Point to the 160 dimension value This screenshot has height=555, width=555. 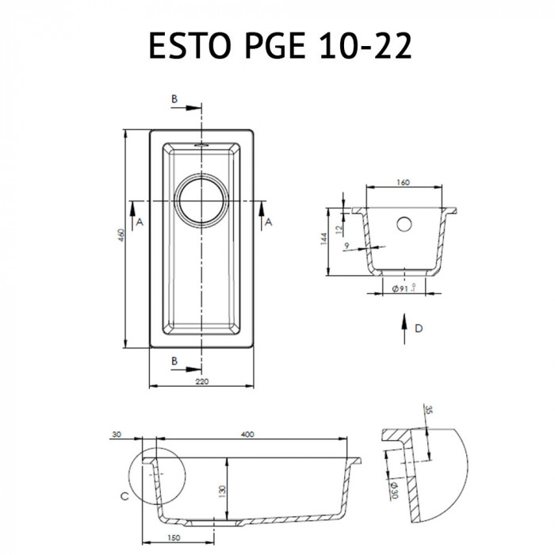click(x=402, y=183)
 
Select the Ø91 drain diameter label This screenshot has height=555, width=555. click(x=402, y=289)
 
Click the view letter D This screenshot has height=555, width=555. click(x=419, y=329)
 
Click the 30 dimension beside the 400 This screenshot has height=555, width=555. click(x=117, y=434)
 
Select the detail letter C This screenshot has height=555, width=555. click(x=124, y=497)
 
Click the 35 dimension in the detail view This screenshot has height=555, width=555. click(x=427, y=411)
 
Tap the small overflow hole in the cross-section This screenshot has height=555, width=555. click(x=404, y=223)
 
